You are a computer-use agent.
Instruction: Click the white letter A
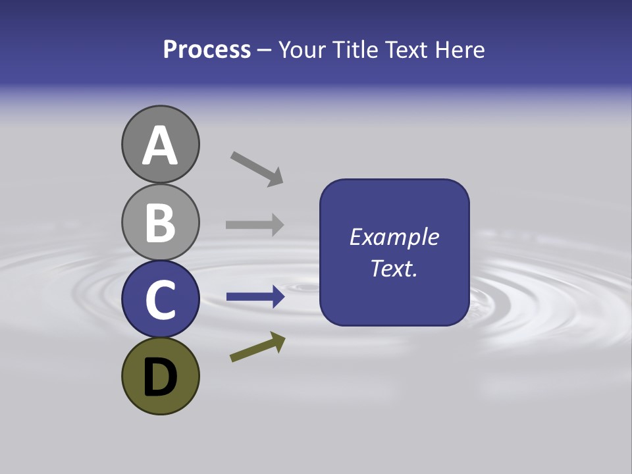tap(160, 146)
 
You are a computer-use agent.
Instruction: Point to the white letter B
tap(160, 223)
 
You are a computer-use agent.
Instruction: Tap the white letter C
tap(160, 300)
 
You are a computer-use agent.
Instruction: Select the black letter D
tap(160, 377)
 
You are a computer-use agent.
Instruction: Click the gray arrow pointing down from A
tap(256, 169)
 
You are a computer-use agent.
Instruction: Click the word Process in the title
tap(207, 50)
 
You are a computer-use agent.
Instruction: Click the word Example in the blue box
tap(394, 237)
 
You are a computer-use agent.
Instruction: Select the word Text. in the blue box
tap(394, 268)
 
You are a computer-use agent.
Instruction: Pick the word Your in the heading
tap(302, 50)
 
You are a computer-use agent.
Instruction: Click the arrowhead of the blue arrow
tap(277, 298)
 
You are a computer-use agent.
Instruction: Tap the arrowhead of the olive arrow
tap(278, 341)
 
